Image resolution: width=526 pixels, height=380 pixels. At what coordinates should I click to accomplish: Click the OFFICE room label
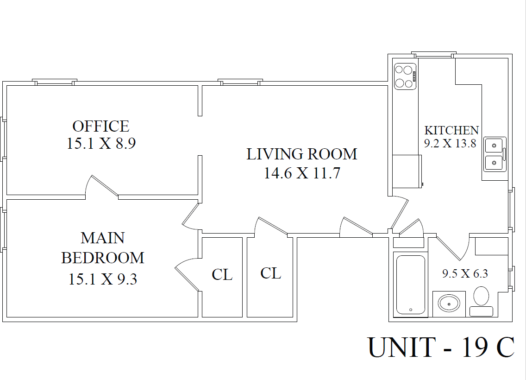click(x=100, y=127)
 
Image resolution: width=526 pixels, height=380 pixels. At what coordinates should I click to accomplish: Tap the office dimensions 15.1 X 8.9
click(x=101, y=144)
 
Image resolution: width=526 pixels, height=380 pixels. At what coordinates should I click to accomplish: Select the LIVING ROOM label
click(x=302, y=154)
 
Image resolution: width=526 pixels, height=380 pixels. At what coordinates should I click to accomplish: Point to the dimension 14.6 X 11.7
click(x=302, y=173)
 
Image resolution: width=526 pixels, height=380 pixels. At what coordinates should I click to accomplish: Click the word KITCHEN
click(x=451, y=130)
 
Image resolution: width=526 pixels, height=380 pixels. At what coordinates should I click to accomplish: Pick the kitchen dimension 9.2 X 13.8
click(x=450, y=144)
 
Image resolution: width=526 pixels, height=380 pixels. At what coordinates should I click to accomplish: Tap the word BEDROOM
click(x=103, y=258)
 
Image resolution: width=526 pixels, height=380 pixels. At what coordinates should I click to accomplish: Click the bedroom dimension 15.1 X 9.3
click(x=103, y=279)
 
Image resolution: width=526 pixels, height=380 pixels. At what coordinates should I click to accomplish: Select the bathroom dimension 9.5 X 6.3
click(x=465, y=273)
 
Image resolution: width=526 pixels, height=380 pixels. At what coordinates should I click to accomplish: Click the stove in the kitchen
click(x=405, y=76)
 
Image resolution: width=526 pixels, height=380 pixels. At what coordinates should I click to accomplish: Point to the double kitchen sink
click(x=495, y=154)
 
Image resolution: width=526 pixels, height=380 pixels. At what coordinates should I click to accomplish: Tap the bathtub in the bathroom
click(x=411, y=285)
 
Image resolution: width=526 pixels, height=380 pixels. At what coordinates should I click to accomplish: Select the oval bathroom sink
click(x=449, y=304)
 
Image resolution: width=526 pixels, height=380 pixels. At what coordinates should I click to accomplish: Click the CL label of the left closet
click(x=222, y=275)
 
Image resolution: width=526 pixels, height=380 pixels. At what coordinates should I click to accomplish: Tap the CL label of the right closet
click(x=271, y=273)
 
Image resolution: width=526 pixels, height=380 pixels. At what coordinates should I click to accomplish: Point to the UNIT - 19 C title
click(x=441, y=347)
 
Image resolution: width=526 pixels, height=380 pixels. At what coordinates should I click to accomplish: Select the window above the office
click(x=54, y=82)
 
